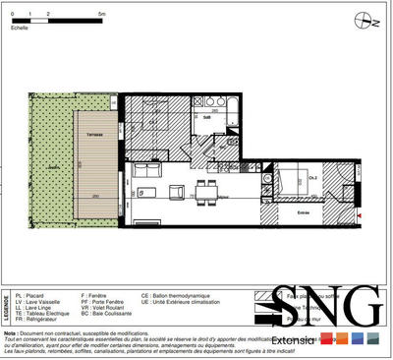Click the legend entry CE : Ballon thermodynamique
[x=181, y=294]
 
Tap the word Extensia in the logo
[x=295, y=341]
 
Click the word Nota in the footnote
[x=12, y=333]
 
